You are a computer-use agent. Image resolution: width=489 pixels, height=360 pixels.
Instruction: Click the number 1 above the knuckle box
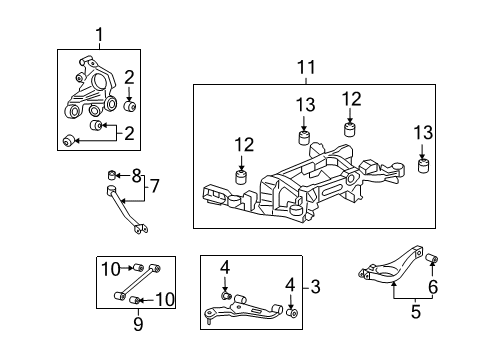coord(99,37)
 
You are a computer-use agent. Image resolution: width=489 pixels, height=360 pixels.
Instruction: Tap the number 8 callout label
coord(137,176)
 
